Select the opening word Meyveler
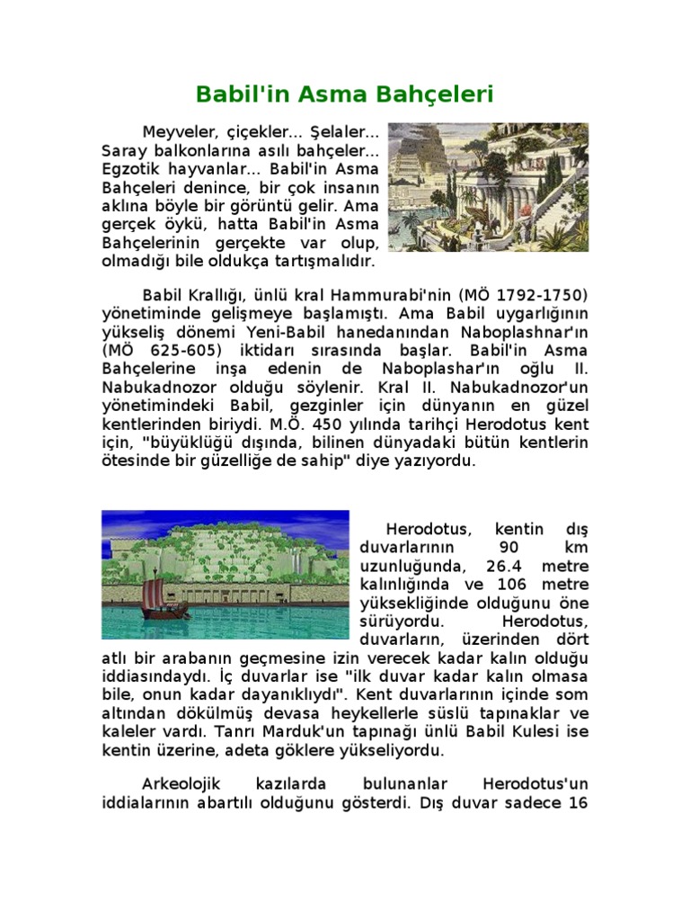[x=180, y=132]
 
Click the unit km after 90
[x=571, y=547]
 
